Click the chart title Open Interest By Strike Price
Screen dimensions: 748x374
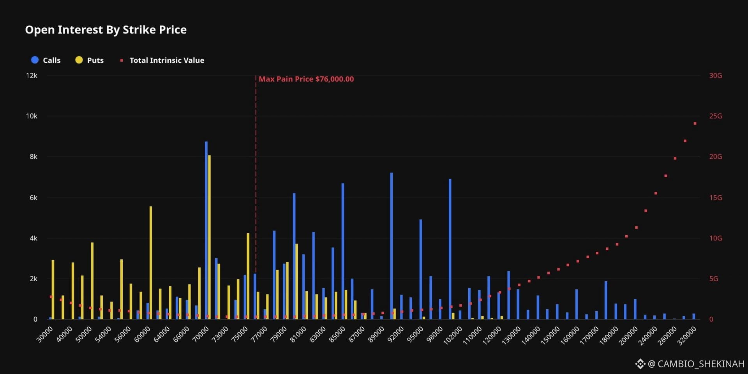click(106, 30)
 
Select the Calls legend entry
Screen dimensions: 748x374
click(46, 60)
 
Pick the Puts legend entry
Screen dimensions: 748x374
click(89, 60)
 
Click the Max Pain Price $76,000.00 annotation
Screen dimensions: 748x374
click(306, 79)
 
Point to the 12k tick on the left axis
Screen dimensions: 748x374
click(32, 76)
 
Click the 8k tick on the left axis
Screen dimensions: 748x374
click(34, 157)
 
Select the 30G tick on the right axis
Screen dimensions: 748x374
click(716, 76)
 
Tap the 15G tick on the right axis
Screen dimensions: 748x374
click(716, 198)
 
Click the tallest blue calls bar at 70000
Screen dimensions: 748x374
click(206, 230)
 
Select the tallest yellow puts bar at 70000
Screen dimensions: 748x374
click(209, 237)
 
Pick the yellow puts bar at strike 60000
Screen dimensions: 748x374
click(151, 263)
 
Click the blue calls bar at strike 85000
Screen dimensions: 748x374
click(343, 251)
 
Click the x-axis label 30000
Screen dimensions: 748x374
click(44, 335)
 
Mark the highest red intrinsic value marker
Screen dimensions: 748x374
click(695, 123)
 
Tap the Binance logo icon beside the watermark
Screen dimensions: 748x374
click(640, 364)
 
